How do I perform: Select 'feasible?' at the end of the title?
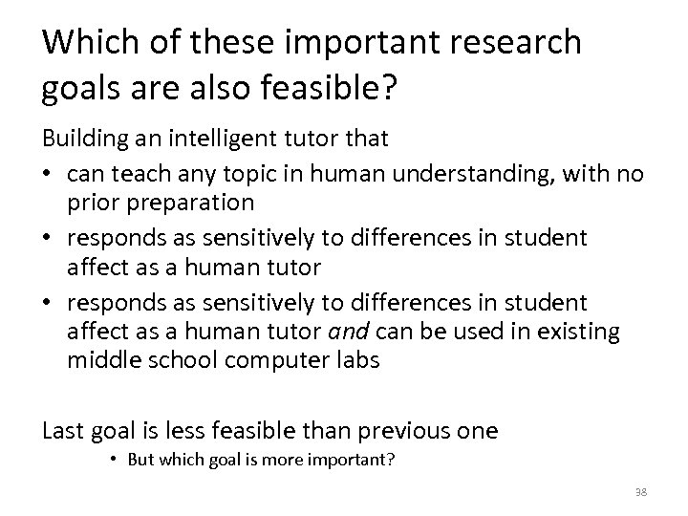pyautogui.click(x=343, y=88)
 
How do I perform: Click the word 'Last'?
pyautogui.click(x=61, y=430)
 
